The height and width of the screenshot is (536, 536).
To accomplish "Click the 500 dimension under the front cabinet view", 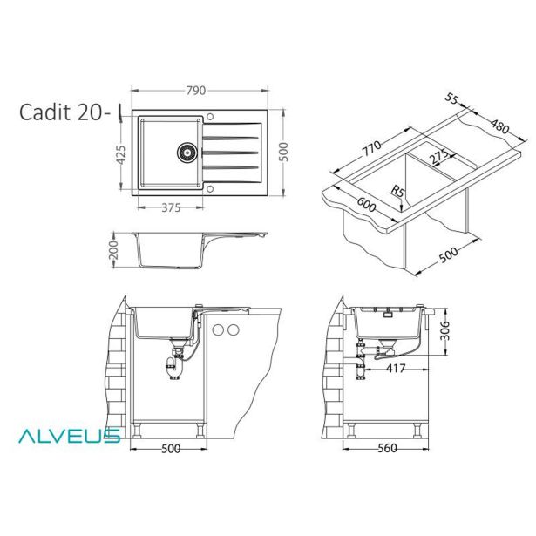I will (x=171, y=449).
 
